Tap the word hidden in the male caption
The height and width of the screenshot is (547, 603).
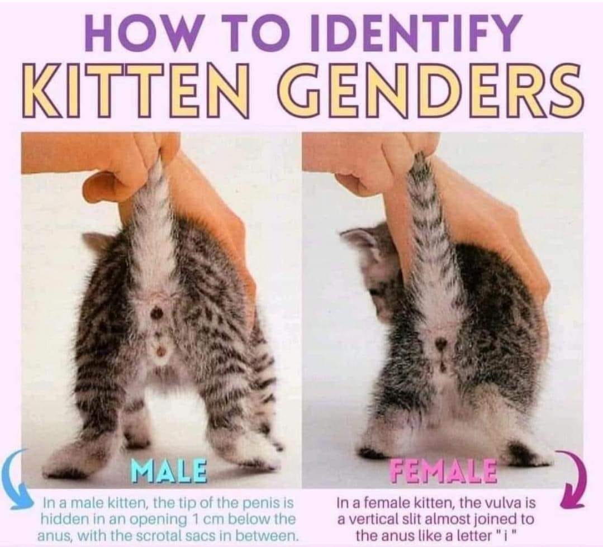pos(63,519)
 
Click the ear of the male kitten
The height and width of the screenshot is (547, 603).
pos(96,241)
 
